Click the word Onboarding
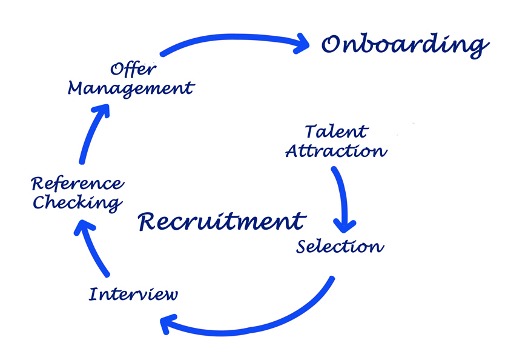(x=404, y=44)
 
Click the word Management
(x=131, y=88)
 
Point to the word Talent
(x=336, y=131)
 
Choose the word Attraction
(x=336, y=150)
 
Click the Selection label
(x=340, y=247)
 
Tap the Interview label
(x=134, y=295)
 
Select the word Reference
(x=77, y=183)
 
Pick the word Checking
(x=77, y=202)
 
